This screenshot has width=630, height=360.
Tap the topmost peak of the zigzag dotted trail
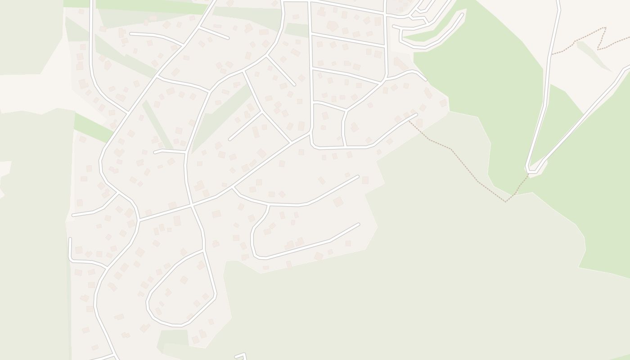[605, 28]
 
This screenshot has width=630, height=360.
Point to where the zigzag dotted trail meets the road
[553, 54]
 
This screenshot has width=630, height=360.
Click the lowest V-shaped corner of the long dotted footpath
[505, 201]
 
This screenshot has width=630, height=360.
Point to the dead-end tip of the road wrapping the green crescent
[462, 15]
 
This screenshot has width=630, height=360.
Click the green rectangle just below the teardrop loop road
[174, 337]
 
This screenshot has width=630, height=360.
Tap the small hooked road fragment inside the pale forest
[243, 355]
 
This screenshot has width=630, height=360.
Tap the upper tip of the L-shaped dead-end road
[70, 239]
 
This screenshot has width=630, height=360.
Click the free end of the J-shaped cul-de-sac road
[358, 224]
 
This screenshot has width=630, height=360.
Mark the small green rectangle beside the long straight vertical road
[296, 30]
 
